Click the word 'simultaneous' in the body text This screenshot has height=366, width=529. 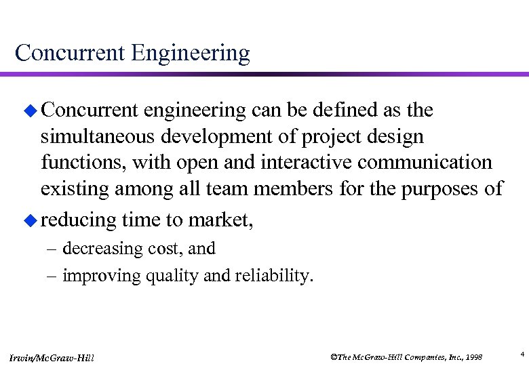tap(98, 137)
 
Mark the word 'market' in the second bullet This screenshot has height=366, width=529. tap(221, 220)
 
